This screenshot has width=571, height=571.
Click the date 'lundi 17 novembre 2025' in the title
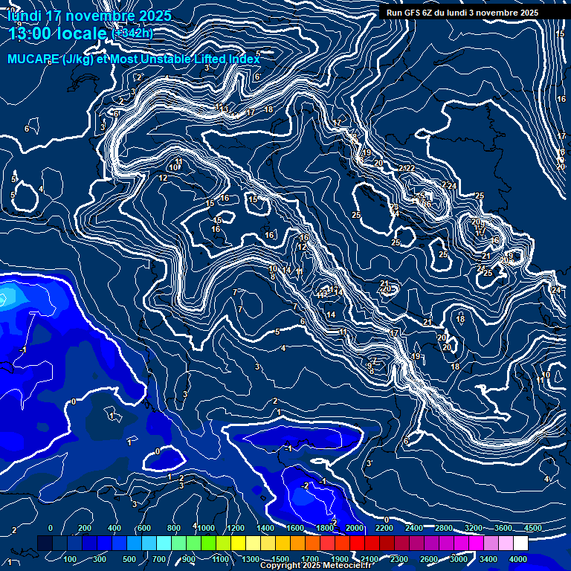click(x=89, y=16)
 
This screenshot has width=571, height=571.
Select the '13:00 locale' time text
click(x=58, y=33)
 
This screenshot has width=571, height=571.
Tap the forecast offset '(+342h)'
click(x=132, y=33)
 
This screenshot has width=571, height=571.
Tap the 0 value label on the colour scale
click(x=51, y=528)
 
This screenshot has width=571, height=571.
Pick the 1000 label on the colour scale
click(x=204, y=528)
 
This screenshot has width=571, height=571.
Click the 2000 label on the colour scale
click(x=354, y=528)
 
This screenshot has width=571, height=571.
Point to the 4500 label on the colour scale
click(x=532, y=528)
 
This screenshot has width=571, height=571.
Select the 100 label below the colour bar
click(x=71, y=559)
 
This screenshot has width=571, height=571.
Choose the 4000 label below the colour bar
click(x=518, y=559)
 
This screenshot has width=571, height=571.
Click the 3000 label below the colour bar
click(x=459, y=559)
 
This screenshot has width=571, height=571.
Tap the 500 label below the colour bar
click(x=129, y=559)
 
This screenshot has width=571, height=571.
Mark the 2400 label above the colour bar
click(x=414, y=528)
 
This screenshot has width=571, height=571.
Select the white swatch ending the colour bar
click(x=520, y=543)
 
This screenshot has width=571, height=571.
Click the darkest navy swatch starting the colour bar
click(x=45, y=543)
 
